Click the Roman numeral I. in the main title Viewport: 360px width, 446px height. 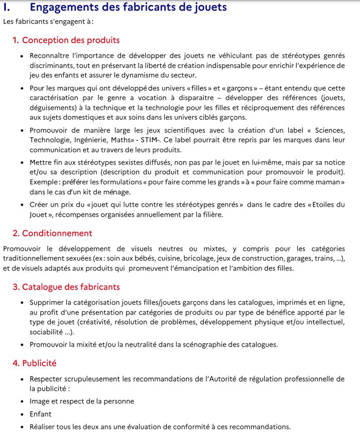[7, 7]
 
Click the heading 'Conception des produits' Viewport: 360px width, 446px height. [71, 40]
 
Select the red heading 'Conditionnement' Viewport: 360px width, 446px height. [57, 233]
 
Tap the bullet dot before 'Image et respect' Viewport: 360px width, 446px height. [22, 402]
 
